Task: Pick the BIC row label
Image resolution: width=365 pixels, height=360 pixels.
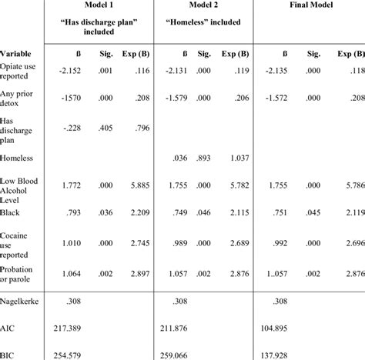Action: tap(9, 354)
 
